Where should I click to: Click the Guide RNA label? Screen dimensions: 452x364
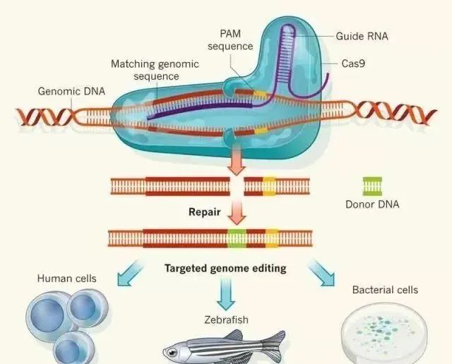(x=362, y=36)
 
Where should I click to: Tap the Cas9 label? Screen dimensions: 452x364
(x=353, y=63)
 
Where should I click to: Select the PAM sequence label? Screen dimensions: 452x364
(x=230, y=40)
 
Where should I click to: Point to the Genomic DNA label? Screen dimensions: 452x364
(x=71, y=91)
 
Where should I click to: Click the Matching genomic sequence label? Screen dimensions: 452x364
(x=155, y=70)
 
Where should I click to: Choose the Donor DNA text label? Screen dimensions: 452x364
(x=372, y=205)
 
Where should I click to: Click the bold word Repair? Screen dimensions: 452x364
(x=205, y=212)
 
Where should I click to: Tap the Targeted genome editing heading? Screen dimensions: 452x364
(x=225, y=268)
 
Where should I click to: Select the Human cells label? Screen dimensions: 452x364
(x=67, y=279)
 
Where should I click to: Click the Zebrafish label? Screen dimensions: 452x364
(x=226, y=320)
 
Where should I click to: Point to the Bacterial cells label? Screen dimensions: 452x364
(x=385, y=290)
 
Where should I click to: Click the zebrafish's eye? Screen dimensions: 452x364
(x=172, y=352)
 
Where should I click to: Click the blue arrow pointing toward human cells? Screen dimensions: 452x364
(x=130, y=273)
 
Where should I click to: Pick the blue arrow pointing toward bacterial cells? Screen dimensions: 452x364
(x=322, y=273)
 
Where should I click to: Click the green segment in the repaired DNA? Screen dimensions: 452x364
(x=237, y=238)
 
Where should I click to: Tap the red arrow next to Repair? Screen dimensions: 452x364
(x=237, y=213)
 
